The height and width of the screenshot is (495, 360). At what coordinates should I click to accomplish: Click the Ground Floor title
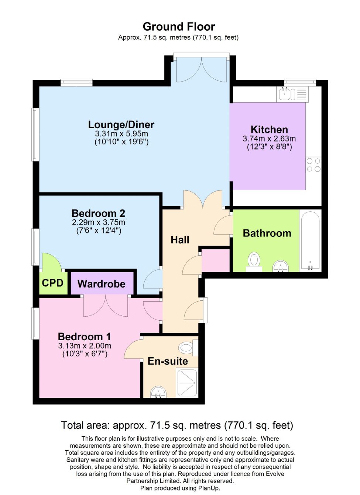coord(179,27)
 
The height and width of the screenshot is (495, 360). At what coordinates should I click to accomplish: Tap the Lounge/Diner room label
coord(121,124)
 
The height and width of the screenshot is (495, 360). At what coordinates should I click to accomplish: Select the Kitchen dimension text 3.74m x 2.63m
coord(269,139)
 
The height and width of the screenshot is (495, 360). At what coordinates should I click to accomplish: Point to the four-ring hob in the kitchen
coord(313,165)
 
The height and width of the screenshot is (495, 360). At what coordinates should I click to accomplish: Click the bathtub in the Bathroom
coord(310,240)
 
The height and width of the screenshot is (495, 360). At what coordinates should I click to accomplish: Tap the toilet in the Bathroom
coord(254,261)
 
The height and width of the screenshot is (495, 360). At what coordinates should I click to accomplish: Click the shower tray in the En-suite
coord(188,383)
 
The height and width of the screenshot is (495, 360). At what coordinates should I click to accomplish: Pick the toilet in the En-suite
coord(187,348)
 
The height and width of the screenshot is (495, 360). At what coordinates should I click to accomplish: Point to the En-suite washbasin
coord(158,392)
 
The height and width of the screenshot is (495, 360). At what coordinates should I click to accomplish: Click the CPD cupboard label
coord(52,283)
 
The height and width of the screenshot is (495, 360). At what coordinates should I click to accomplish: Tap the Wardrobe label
coord(102,284)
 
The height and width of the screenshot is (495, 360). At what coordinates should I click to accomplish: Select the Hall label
coord(180,240)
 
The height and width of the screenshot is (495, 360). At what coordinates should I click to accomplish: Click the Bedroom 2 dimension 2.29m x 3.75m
coord(99,222)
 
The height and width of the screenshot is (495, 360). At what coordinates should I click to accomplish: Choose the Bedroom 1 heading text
coord(84,337)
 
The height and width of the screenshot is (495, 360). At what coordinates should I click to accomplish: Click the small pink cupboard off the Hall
coord(216,260)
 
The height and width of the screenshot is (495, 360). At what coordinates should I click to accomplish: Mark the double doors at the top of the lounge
coord(202,70)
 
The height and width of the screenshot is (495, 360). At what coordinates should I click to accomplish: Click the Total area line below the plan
coord(177,425)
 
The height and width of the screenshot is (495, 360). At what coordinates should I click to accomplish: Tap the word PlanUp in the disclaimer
coord(209,488)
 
